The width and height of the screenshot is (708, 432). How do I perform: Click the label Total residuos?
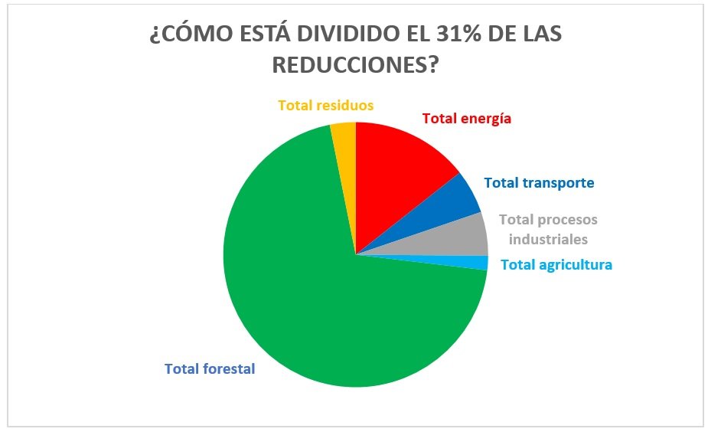[x=325, y=105]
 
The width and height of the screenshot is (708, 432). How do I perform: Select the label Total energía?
[x=466, y=119]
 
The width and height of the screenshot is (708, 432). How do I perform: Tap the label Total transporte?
[x=539, y=183]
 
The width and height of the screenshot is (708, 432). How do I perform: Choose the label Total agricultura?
[x=556, y=265]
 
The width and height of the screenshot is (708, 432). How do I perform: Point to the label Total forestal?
[x=210, y=368]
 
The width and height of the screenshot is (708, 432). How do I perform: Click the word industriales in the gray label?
[x=548, y=239]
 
